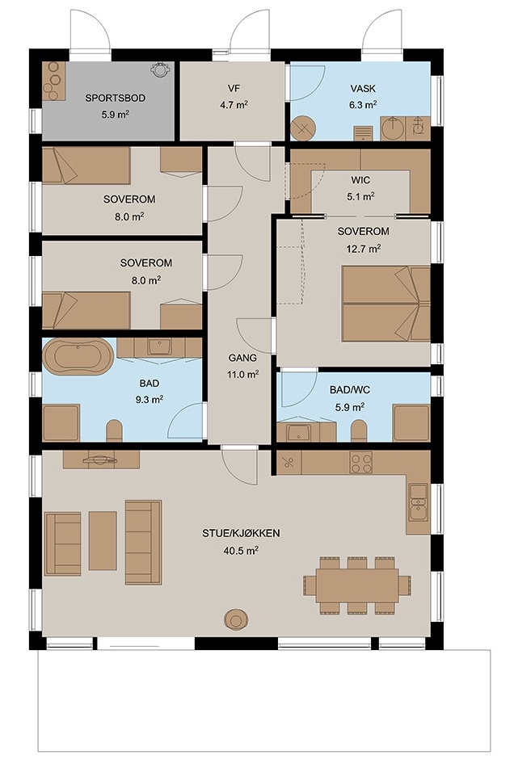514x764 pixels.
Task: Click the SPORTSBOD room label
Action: [115, 98]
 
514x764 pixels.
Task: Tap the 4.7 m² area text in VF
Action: [234, 105]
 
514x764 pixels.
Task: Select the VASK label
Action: [363, 89]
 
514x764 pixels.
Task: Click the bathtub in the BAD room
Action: [78, 357]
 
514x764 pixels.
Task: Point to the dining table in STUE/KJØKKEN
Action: [357, 585]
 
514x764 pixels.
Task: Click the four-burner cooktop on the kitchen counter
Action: [360, 463]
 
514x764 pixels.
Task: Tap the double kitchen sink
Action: [418, 502]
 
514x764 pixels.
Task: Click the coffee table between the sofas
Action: [103, 540]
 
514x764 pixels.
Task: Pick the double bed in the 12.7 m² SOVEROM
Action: [385, 303]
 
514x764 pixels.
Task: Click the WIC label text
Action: [360, 180]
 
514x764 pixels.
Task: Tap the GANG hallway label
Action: [242, 358]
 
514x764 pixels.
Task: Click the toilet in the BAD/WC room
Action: [359, 430]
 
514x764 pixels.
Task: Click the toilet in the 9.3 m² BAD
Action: [115, 430]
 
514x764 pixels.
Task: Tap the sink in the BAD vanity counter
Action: [158, 347]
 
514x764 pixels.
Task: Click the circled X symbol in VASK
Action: [303, 128]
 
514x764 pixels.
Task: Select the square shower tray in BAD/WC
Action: [411, 423]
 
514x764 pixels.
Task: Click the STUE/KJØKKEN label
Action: [241, 533]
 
